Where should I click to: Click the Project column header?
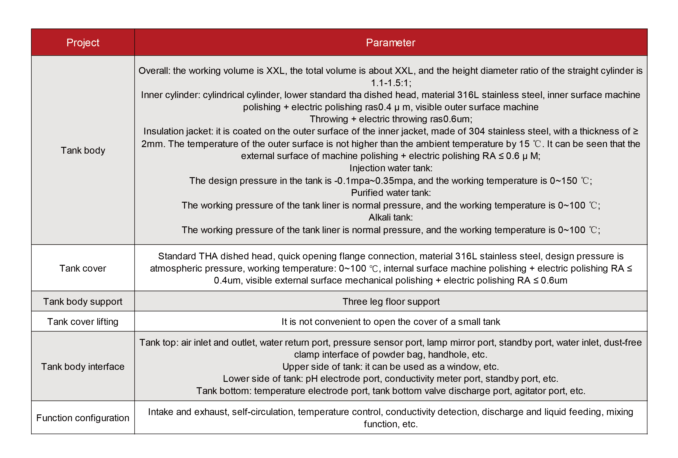point(83,42)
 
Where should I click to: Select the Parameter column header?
point(390,42)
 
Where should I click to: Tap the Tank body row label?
point(83,150)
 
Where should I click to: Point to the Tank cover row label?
point(83,268)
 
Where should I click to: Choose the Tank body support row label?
point(83,301)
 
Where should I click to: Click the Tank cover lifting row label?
point(83,322)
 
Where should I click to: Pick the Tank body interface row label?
point(83,366)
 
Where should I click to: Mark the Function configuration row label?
point(83,418)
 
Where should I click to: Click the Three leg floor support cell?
point(391,301)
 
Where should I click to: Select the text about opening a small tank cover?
point(391,322)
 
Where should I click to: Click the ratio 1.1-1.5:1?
point(391,83)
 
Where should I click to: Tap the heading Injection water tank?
point(391,168)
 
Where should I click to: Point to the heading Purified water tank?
point(391,193)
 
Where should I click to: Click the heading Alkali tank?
point(391,217)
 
